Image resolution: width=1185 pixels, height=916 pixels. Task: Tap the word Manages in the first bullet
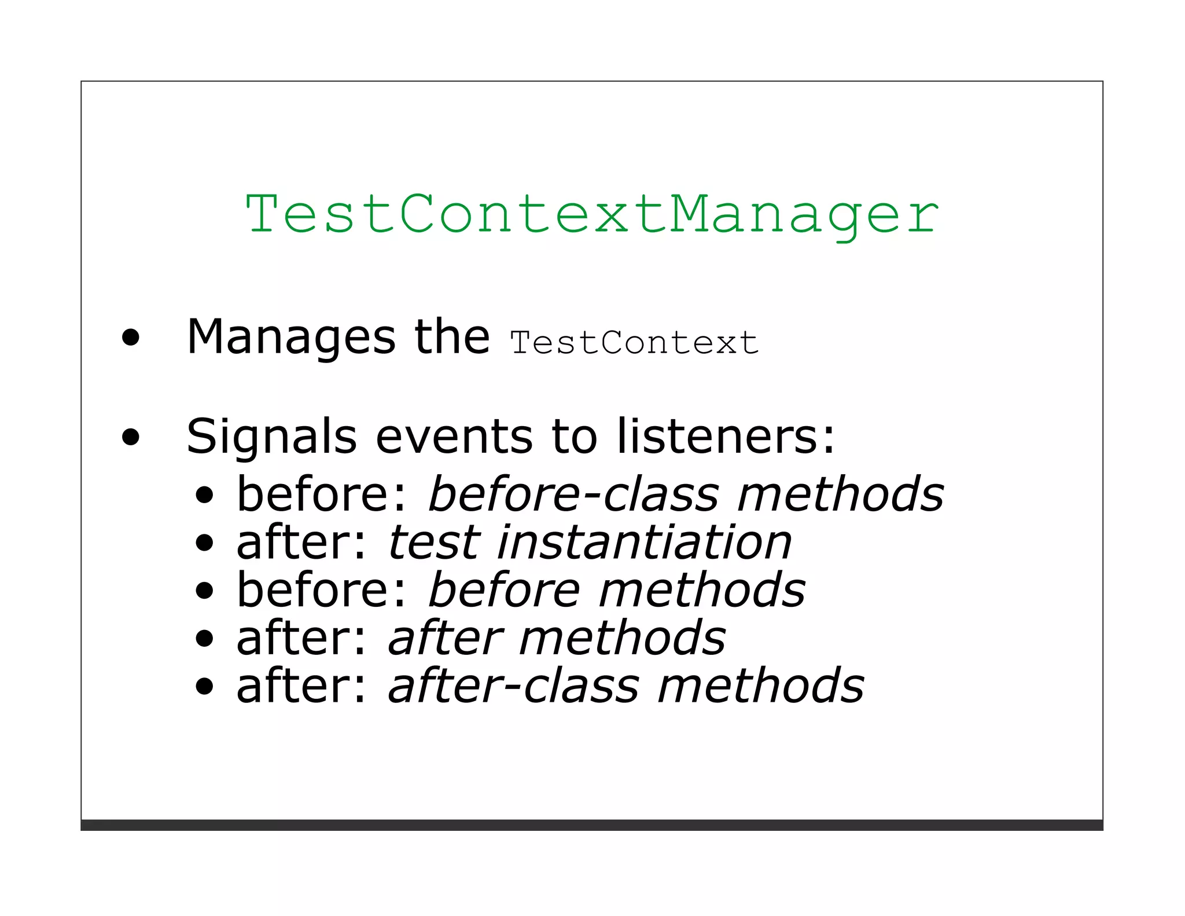click(x=291, y=338)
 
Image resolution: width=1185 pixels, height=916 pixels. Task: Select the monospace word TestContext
click(x=634, y=343)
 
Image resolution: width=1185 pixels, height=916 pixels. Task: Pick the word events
click(x=454, y=437)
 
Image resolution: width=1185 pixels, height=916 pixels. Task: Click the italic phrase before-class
click(x=573, y=494)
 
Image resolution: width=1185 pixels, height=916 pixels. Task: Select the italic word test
click(x=434, y=543)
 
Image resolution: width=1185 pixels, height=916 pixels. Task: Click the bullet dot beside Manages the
click(x=131, y=338)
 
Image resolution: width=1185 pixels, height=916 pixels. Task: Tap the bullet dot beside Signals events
click(x=131, y=437)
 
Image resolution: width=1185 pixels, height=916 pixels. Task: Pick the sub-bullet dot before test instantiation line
click(x=204, y=543)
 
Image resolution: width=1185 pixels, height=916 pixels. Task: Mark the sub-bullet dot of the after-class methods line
click(x=204, y=687)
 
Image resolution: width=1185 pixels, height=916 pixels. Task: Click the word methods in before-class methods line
click(x=840, y=494)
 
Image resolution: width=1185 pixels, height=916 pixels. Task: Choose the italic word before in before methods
click(x=503, y=591)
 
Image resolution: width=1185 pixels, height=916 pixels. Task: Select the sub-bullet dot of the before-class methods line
click(x=204, y=495)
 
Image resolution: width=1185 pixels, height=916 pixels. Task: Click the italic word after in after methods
click(x=445, y=638)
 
